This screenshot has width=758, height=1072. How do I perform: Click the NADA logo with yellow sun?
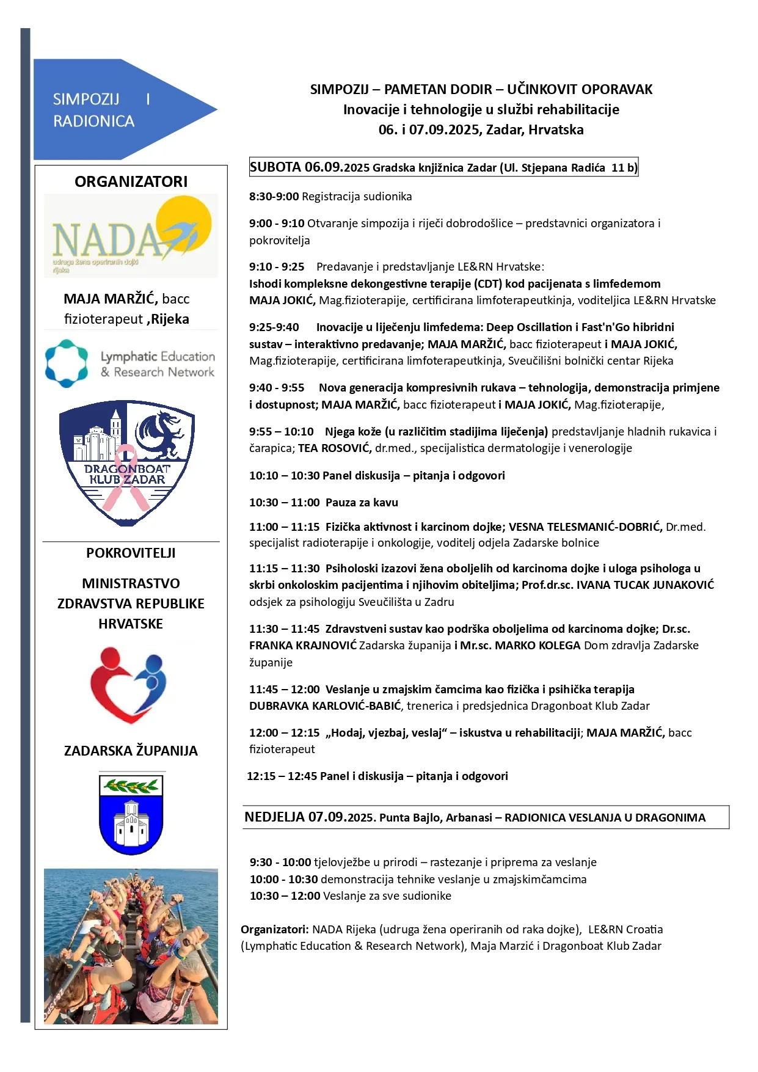coord(131,236)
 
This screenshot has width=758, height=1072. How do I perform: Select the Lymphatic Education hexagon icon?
coord(67,363)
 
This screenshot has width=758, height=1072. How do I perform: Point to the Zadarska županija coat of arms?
coord(131,814)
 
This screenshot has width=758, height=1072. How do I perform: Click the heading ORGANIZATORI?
coord(131,181)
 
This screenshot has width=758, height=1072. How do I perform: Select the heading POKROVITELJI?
coord(131,553)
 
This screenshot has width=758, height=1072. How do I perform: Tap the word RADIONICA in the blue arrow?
coord(93,121)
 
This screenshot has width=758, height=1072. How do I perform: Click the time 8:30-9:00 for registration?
coord(274,197)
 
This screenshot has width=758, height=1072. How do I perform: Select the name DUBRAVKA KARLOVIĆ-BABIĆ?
coord(326,706)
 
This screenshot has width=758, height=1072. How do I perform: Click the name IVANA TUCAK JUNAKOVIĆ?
coord(645,585)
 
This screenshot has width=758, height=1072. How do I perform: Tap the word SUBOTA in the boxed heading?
coord(275,167)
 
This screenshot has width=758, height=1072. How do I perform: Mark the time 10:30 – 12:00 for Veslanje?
coord(285,896)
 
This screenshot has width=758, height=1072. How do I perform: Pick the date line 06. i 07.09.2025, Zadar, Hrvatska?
coord(481,129)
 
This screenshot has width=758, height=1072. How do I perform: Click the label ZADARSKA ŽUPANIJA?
coord(131,751)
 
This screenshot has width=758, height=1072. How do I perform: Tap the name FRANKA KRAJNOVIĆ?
coord(302,646)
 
